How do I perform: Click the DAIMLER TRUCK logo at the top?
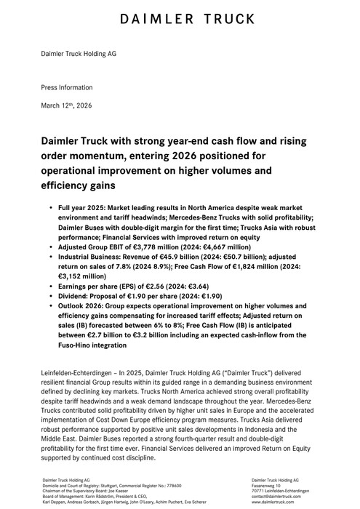coord(180,18)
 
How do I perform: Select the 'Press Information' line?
coord(63,86)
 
